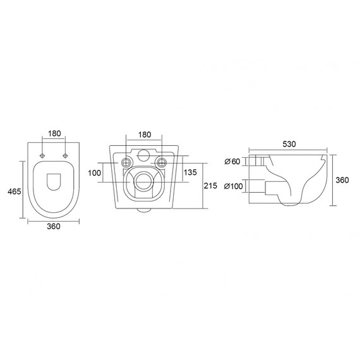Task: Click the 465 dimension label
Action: pos(15,191)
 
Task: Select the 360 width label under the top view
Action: pos(54,226)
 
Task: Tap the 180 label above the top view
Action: pos(54,133)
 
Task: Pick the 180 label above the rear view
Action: pos(145,135)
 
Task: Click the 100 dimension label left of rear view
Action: pos(94,172)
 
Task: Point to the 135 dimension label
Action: pos(190,172)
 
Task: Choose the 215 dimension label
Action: pos(210,186)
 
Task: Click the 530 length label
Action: pos(289,144)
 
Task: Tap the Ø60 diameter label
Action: pos(232,162)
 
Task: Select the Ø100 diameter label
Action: pos(233,186)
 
